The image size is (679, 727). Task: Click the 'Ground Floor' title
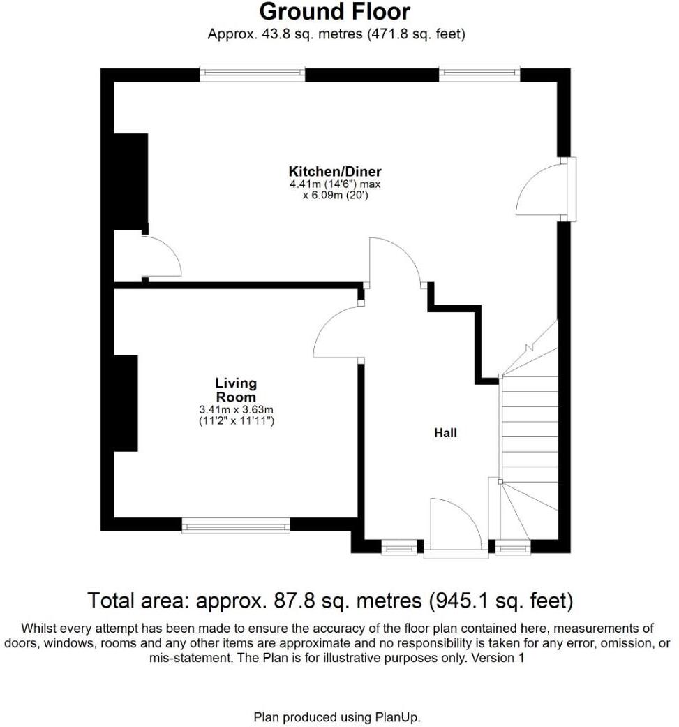(x=335, y=12)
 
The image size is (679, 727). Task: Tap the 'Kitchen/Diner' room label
(x=335, y=171)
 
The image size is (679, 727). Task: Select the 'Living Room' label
(x=236, y=390)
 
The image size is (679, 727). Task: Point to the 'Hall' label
(x=445, y=433)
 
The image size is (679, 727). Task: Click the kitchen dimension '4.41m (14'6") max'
(x=335, y=184)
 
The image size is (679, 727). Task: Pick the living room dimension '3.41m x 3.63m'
(x=236, y=410)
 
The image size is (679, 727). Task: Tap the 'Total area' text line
(x=330, y=600)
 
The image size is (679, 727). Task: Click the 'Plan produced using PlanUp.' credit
(x=337, y=717)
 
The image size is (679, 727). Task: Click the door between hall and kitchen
(x=394, y=262)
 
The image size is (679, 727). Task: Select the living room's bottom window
(x=236, y=525)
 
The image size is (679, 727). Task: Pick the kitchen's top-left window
(x=252, y=73)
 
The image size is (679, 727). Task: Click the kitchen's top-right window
(x=479, y=73)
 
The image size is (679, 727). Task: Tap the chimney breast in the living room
(x=126, y=403)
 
